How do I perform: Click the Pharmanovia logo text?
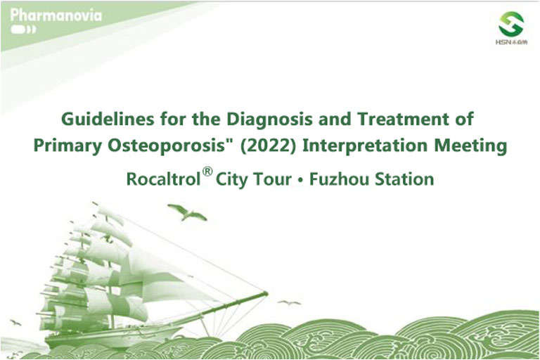[56, 15]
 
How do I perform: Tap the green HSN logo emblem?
[511, 23]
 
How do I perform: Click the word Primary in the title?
[67, 146]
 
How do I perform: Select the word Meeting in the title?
[470, 146]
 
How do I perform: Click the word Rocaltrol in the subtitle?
[164, 179]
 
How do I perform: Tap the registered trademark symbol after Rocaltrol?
[207, 172]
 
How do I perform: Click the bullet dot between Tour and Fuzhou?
[301, 180]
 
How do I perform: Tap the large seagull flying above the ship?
[187, 212]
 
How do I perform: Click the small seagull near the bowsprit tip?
[289, 303]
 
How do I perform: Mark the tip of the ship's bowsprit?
[267, 293]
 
